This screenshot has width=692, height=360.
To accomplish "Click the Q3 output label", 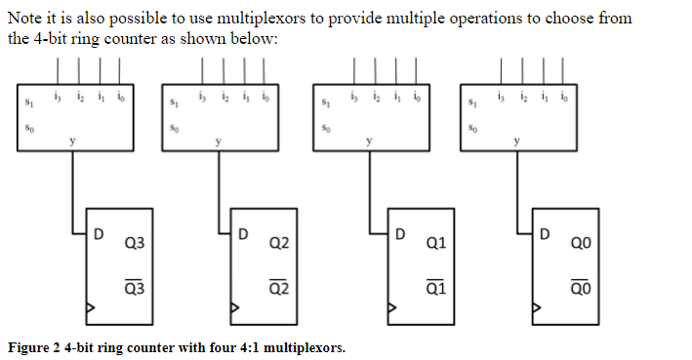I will pos(134,241).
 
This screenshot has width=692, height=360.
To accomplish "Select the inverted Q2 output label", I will pos(278,288).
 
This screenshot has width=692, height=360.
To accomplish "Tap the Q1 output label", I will pos(436,241).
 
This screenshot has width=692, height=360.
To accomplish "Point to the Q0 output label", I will pos(581,241).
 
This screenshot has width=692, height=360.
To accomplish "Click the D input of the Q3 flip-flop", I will pos(98,234).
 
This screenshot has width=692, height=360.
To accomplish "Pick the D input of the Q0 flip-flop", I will pos(545,234).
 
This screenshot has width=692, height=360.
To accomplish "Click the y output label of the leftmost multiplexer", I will pos(71,142).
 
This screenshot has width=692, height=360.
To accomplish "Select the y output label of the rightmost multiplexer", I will pos(518,142).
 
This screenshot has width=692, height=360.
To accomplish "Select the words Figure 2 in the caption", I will pos(35,347).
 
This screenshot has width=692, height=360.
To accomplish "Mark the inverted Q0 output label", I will pos(581,288).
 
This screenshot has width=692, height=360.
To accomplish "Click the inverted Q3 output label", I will pos(134,288).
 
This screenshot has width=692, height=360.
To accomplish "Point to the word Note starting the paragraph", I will pos(24,18).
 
